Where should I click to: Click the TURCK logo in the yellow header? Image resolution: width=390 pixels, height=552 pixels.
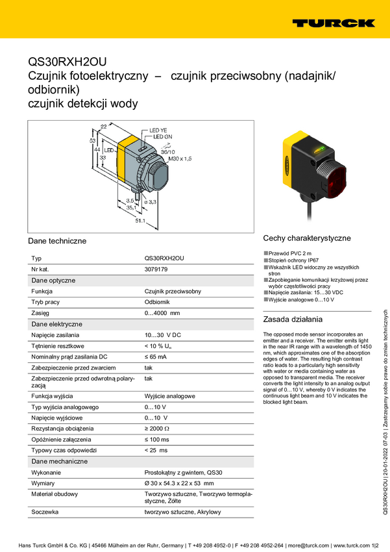pos(333,23)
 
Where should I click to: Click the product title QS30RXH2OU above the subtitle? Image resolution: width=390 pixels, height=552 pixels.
pos(67,63)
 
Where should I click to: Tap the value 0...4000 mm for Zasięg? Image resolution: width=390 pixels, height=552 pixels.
pos(162,313)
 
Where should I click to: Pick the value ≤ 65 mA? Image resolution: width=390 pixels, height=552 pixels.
pos(155,357)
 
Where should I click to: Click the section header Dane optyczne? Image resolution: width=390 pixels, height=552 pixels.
pos(54,281)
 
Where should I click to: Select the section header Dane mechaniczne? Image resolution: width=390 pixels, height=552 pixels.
pos(60,461)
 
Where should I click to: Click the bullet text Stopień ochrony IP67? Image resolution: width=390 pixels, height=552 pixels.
pos(297,260)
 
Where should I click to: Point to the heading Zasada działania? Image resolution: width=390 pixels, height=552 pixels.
pos(293,320)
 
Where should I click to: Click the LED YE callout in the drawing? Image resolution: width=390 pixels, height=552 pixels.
pos(160,131)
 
